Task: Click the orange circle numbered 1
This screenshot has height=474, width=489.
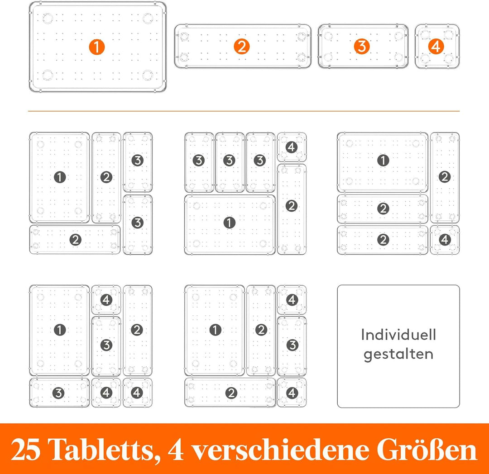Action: [97, 47]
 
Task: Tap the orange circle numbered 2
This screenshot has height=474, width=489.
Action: [242, 47]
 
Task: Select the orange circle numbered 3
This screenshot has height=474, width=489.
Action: [362, 47]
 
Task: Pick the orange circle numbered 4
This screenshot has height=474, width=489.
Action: [436, 47]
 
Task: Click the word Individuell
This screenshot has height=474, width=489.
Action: [398, 335]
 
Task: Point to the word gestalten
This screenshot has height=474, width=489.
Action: [398, 355]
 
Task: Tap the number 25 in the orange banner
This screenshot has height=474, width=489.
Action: [25, 450]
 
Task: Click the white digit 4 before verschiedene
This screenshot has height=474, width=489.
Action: [176, 450]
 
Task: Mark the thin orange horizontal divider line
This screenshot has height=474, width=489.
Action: [244, 111]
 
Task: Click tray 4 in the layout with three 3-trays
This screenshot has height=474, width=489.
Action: [292, 147]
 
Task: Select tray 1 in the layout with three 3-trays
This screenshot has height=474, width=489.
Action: [230, 224]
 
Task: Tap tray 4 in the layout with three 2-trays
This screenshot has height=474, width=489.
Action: [445, 240]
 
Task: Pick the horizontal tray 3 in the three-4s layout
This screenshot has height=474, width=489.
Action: [59, 393]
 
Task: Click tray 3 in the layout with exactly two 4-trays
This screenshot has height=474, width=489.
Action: [292, 346]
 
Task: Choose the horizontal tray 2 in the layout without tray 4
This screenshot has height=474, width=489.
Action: [75, 240]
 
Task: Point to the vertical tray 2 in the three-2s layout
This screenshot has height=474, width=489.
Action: [445, 177]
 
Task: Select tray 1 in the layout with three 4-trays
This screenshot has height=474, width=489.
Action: [59, 330]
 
